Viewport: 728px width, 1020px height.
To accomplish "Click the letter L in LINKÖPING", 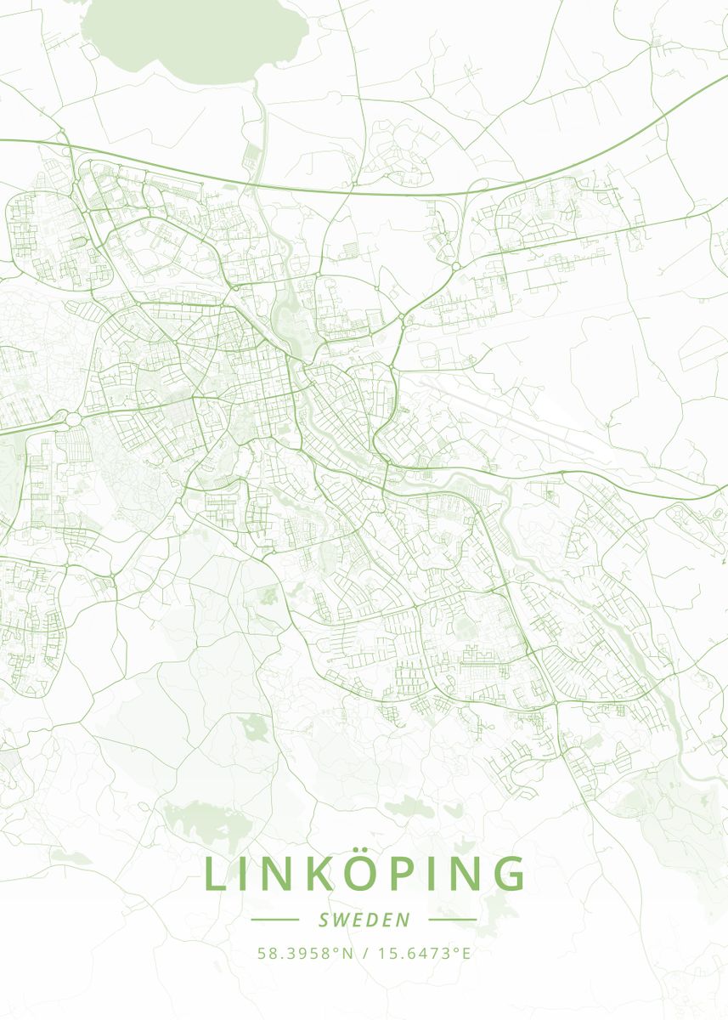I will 215,875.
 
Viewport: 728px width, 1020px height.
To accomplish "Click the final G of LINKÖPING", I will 509,875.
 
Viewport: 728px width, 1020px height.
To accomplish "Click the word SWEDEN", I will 364,920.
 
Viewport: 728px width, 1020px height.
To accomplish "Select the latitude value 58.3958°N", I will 305,953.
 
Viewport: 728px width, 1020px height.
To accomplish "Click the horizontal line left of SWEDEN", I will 275,920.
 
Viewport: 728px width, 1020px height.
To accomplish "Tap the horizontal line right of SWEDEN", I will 453,920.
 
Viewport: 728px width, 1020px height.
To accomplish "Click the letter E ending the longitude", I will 466,953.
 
